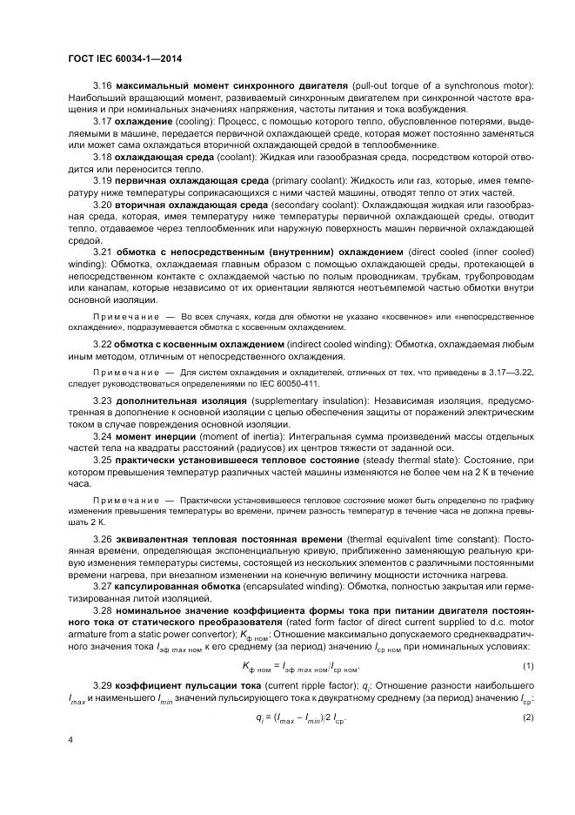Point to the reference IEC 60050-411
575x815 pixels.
[291, 382]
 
